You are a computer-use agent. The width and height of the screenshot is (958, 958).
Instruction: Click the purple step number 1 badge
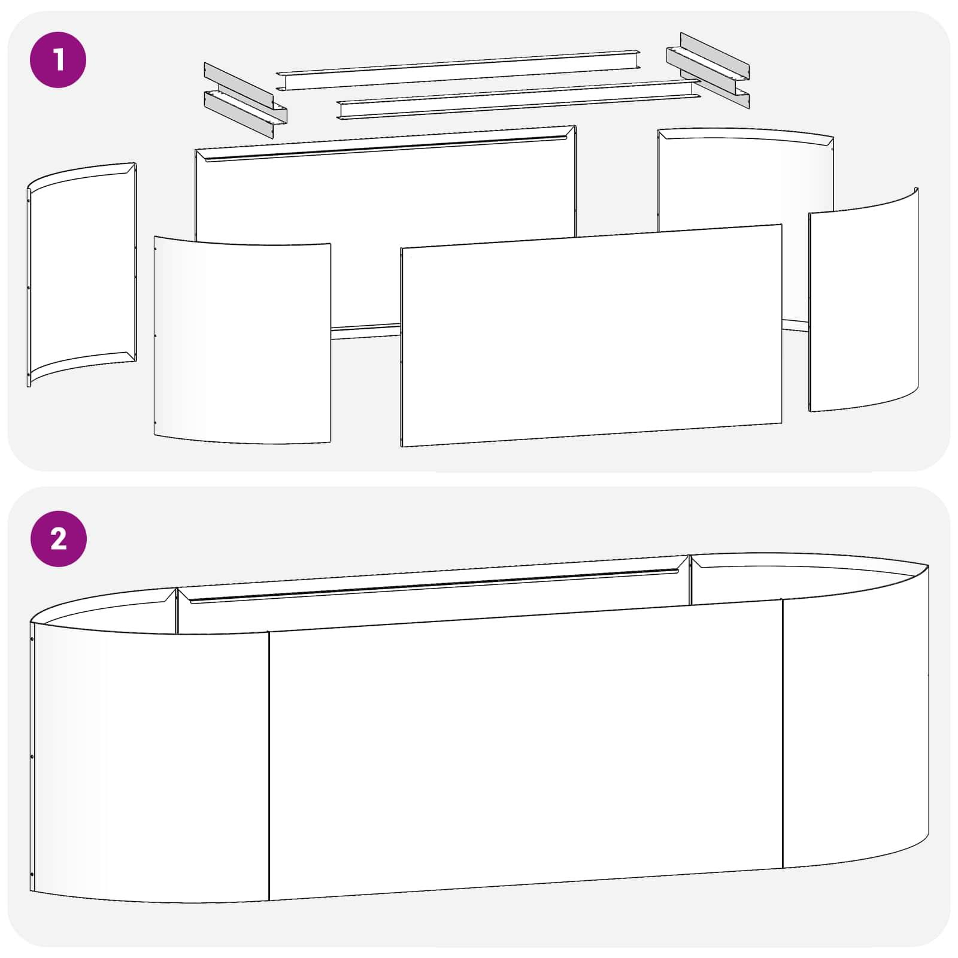pyautogui.click(x=58, y=60)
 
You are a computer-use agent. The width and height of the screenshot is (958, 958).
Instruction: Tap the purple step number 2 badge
pyautogui.click(x=58, y=539)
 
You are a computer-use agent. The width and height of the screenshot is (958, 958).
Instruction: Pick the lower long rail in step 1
pyautogui.click(x=519, y=99)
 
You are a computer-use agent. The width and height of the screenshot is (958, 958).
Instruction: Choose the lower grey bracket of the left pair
pyautogui.click(x=245, y=114)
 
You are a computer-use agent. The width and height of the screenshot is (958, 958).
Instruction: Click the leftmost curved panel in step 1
pyautogui.click(x=82, y=274)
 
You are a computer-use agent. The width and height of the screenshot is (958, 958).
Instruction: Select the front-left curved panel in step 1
pyautogui.click(x=242, y=339)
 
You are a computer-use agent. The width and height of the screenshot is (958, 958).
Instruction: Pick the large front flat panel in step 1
pyautogui.click(x=592, y=335)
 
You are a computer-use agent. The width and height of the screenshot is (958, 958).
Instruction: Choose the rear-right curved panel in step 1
pyautogui.click(x=745, y=180)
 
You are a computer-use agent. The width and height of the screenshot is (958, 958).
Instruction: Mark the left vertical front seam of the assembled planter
pyautogui.click(x=269, y=766)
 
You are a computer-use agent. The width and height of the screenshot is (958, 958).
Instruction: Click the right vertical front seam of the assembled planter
pyautogui.click(x=783, y=733)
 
